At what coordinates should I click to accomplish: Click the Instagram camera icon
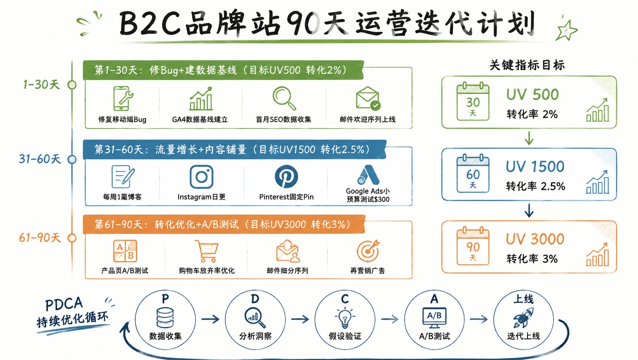201,177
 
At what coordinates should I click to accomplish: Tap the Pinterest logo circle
286,176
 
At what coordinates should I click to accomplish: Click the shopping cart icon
207,251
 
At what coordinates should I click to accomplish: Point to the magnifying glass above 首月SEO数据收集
284,98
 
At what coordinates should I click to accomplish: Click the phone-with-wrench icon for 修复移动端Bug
123,98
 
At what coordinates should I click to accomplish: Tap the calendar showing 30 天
473,102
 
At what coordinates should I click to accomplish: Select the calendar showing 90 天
473,246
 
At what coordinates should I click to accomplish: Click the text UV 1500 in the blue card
535,166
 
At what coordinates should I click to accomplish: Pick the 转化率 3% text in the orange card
532,259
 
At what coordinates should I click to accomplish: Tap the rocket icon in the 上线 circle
523,318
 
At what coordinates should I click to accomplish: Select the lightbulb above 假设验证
345,317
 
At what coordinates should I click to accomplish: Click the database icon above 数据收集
165,318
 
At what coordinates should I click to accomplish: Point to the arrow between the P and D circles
210,319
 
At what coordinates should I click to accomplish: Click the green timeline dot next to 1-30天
72,85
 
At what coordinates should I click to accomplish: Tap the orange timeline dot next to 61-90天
72,238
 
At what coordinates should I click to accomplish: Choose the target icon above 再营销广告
368,251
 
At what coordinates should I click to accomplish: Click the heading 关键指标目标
527,65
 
